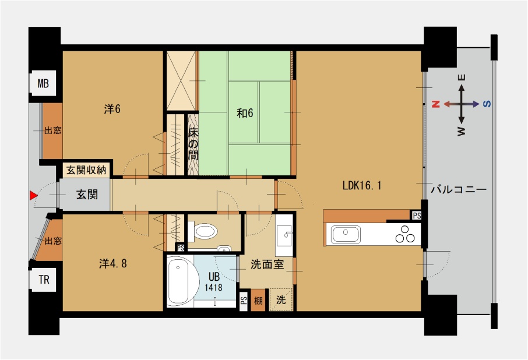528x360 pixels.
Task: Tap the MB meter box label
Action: pyautogui.click(x=43, y=83)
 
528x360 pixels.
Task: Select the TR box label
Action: pyautogui.click(x=44, y=279)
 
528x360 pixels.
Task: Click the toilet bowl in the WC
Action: pyautogui.click(x=205, y=232)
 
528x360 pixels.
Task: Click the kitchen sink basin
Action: pyautogui.click(x=346, y=235)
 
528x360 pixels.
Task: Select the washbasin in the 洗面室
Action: pyautogui.click(x=284, y=233)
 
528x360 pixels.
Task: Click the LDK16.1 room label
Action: pyautogui.click(x=362, y=185)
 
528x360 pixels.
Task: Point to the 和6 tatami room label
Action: pyautogui.click(x=245, y=113)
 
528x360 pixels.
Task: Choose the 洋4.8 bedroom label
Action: pyautogui.click(x=113, y=263)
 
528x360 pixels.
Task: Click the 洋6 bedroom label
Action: pyautogui.click(x=112, y=109)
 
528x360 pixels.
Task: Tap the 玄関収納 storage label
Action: pyautogui.click(x=86, y=170)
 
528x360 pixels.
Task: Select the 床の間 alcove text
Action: pyautogui.click(x=193, y=144)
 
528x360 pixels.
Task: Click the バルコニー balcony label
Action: pyautogui.click(x=459, y=189)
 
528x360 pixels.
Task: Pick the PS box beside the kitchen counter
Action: pyautogui.click(x=417, y=216)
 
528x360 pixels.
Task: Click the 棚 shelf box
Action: pyautogui.click(x=258, y=300)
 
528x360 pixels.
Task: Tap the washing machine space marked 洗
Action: pyautogui.click(x=281, y=300)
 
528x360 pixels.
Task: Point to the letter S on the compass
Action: pyautogui.click(x=487, y=104)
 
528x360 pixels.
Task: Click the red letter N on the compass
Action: pyautogui.click(x=436, y=104)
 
